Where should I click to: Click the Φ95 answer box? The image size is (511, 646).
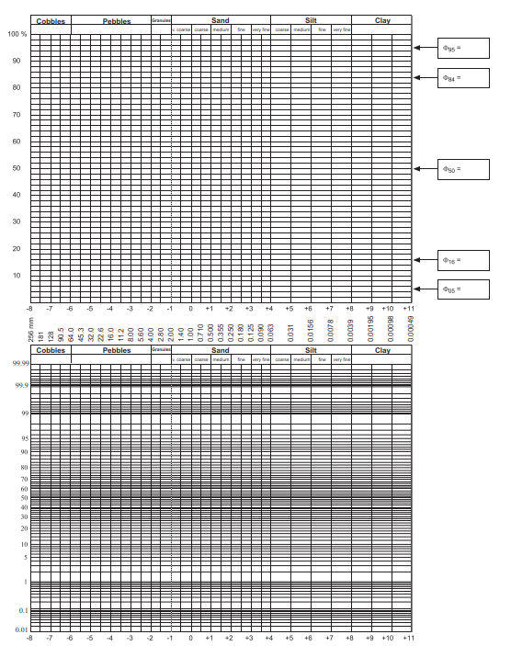pos(463,48)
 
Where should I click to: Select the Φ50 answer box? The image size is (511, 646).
pos(463,169)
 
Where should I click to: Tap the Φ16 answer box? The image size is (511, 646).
pos(463,260)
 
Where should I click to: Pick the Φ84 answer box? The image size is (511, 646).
pos(463,78)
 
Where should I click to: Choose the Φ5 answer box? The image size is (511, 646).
pos(463,289)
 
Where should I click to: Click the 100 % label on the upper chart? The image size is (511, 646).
pos(17,34)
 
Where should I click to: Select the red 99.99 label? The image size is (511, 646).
pos(20,364)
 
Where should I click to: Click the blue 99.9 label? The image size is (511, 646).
pos(22,386)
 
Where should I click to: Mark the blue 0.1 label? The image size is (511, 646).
pos(24,611)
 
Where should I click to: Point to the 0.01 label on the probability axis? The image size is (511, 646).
pos(22,629)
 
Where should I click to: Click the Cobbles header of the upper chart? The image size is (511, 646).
pos(50,20)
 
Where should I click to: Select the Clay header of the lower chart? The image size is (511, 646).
pos(381,350)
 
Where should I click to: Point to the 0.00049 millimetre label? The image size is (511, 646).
pos(411,329)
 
